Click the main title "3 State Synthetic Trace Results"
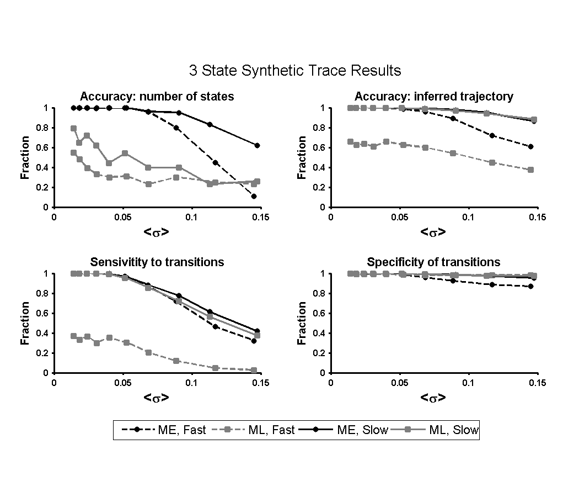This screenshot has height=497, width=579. [x=294, y=71]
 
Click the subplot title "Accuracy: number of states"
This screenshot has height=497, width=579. [x=157, y=97]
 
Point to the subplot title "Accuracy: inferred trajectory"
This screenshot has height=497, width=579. [x=433, y=97]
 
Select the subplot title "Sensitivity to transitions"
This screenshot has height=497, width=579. [x=157, y=262]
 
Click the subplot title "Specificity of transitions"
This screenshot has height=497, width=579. [x=433, y=262]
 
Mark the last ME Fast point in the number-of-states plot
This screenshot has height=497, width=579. [x=254, y=196]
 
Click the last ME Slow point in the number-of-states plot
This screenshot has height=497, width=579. [x=257, y=145]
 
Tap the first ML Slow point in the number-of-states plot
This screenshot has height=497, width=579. [x=73, y=128]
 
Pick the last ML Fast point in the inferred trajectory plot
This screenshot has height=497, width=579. [x=530, y=170]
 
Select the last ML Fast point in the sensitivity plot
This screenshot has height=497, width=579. [x=254, y=370]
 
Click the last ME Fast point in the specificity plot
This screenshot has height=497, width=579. [x=530, y=286]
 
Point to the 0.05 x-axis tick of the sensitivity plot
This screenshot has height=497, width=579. [x=122, y=383]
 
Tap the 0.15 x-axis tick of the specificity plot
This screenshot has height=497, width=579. [x=537, y=383]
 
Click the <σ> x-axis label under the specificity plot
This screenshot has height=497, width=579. [x=433, y=398]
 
